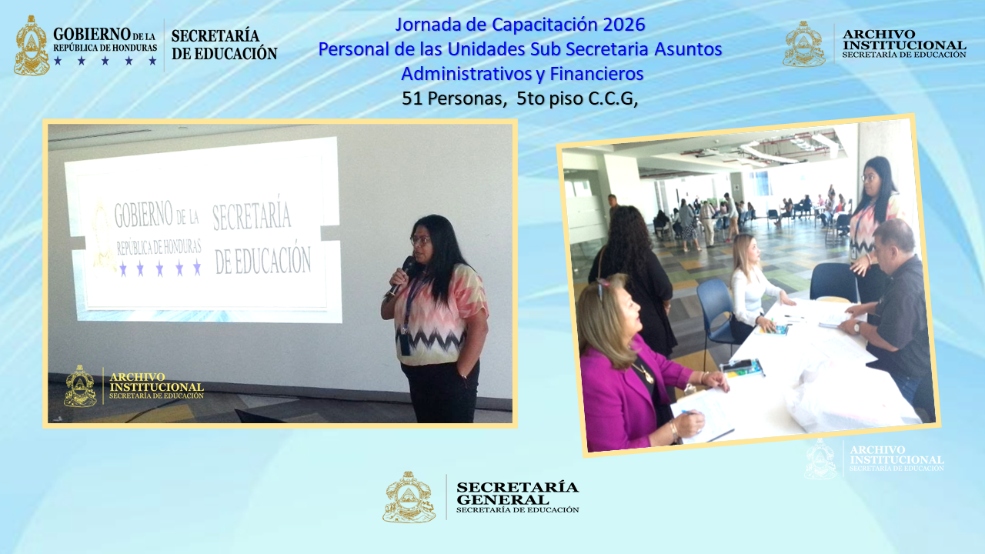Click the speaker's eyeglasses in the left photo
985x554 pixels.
420,241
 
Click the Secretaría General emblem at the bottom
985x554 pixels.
409,497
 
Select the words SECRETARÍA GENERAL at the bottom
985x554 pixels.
516,492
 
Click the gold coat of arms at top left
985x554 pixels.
32,46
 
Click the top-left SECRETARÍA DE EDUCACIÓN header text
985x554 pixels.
223,45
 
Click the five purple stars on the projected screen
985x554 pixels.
160,269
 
